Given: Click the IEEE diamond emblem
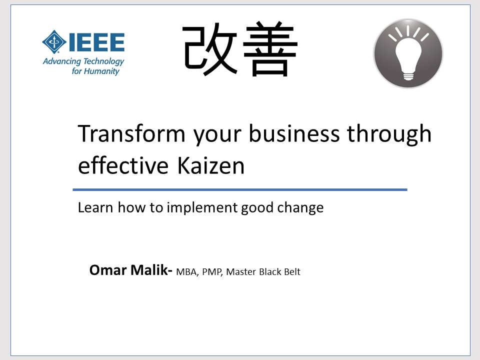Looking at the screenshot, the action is click(x=54, y=42).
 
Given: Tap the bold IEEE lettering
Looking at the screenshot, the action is click(x=96, y=42).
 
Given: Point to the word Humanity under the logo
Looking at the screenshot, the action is click(x=101, y=71).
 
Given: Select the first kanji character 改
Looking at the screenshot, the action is click(x=209, y=49).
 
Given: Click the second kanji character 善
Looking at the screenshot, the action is click(x=270, y=49).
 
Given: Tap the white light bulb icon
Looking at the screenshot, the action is click(x=408, y=53).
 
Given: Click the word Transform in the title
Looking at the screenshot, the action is click(x=131, y=133).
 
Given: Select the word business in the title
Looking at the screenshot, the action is click(x=294, y=133).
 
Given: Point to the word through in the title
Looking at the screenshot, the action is click(x=389, y=134).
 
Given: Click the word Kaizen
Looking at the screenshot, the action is click(x=211, y=166).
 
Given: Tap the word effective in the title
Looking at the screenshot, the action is click(x=123, y=165).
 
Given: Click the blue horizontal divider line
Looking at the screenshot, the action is click(x=240, y=190).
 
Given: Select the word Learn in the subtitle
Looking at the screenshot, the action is click(x=95, y=207).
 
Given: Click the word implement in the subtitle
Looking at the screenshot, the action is click(x=202, y=208).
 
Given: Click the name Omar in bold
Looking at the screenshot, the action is click(x=108, y=270).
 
